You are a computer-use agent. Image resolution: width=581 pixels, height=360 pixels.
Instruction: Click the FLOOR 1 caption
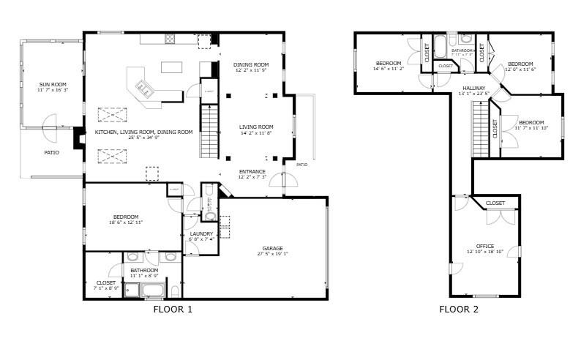173,310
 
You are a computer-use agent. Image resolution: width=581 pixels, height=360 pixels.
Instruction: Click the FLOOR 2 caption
459,310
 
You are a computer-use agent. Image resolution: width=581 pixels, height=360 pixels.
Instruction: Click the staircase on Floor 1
209,130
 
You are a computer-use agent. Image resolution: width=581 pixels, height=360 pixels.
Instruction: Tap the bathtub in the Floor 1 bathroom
154,290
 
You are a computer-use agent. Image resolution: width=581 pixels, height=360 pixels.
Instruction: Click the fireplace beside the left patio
78,138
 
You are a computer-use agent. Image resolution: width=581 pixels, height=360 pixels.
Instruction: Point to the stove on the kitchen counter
170,39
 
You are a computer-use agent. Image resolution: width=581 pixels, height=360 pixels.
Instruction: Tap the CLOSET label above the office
495,203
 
